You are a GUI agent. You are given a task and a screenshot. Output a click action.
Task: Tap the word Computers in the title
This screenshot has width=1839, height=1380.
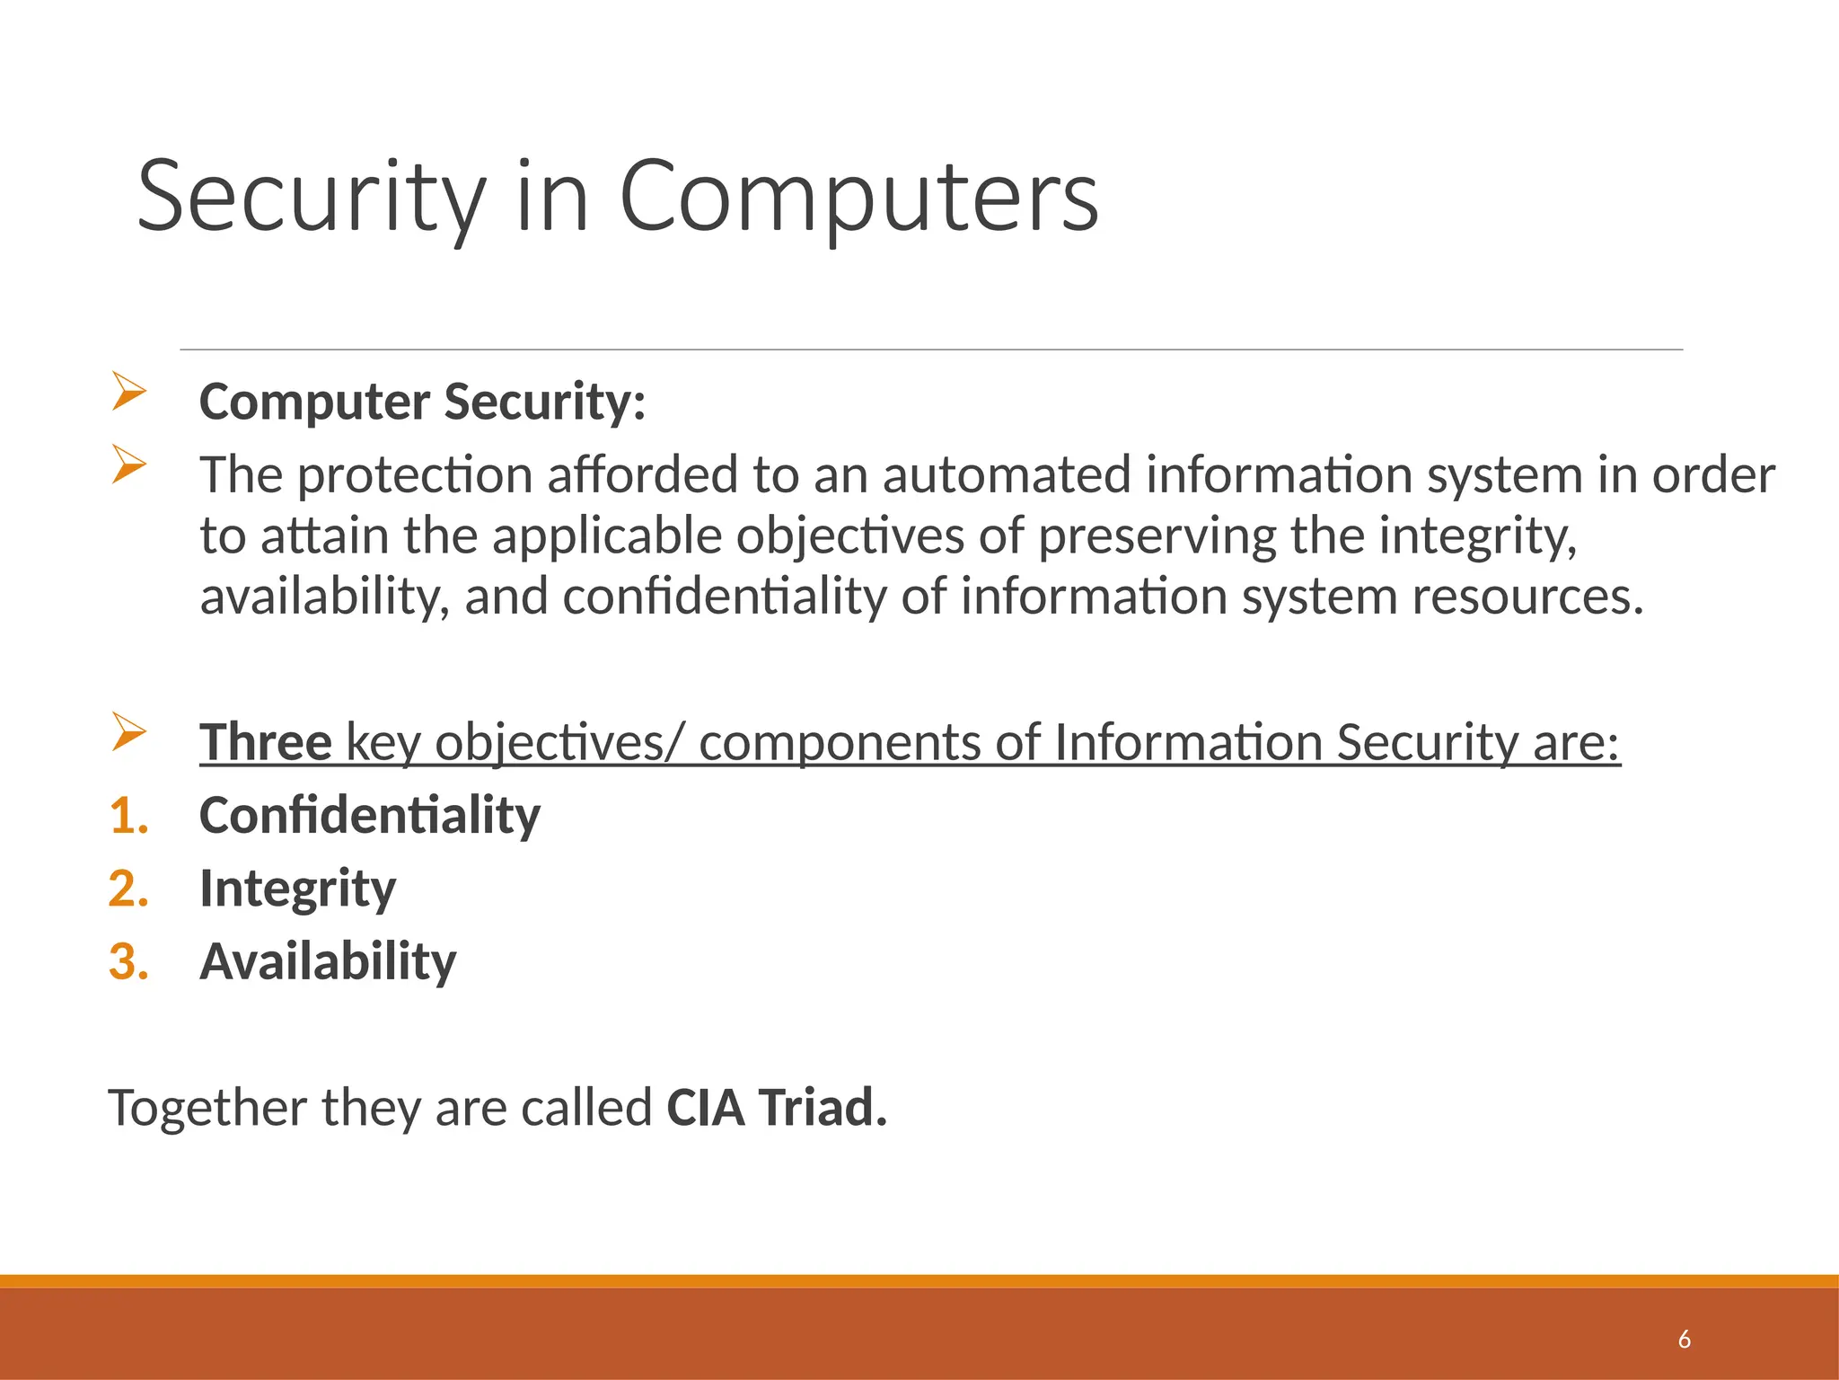click(858, 196)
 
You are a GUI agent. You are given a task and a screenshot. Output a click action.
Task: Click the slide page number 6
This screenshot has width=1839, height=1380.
click(1684, 1340)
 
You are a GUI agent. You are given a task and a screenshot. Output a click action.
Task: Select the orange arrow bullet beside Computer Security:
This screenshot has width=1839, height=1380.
click(129, 392)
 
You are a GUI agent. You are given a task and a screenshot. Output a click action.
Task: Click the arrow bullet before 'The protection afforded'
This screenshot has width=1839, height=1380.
click(129, 464)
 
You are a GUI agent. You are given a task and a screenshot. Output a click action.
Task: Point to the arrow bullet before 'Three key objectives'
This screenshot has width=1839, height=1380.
click(129, 732)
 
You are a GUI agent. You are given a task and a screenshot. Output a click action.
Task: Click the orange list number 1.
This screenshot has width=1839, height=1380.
click(128, 816)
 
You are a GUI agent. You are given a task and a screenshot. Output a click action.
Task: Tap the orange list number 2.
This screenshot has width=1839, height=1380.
click(128, 889)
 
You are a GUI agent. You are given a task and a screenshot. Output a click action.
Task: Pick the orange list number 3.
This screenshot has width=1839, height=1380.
click(128, 961)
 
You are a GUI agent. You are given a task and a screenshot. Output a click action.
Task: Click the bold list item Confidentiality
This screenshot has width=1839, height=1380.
click(370, 816)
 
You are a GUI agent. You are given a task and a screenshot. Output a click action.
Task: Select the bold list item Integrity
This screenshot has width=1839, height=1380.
click(297, 889)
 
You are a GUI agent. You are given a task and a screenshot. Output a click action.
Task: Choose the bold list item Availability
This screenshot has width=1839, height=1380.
click(328, 961)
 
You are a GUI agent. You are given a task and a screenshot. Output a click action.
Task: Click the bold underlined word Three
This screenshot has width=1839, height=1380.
click(266, 742)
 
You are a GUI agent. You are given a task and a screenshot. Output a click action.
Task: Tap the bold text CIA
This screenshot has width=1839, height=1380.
click(706, 1107)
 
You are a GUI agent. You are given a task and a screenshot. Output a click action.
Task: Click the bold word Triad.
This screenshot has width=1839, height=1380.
click(823, 1107)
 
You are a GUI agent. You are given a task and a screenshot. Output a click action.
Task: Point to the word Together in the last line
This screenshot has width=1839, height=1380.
click(207, 1107)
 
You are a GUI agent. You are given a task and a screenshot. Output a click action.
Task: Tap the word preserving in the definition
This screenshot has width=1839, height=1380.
click(1157, 536)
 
